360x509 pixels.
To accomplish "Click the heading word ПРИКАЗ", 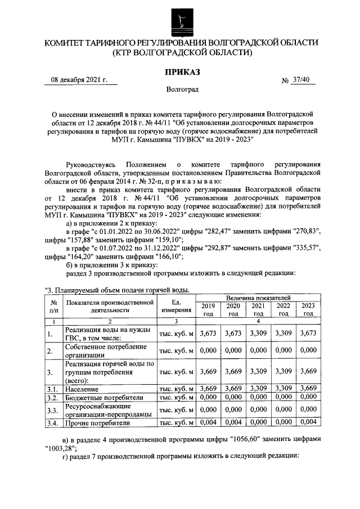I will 181,71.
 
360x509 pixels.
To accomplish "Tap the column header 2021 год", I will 258,309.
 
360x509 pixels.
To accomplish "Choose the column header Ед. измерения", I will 176,306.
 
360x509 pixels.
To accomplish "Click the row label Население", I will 82,389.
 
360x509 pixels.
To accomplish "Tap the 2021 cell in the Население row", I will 258,389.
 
